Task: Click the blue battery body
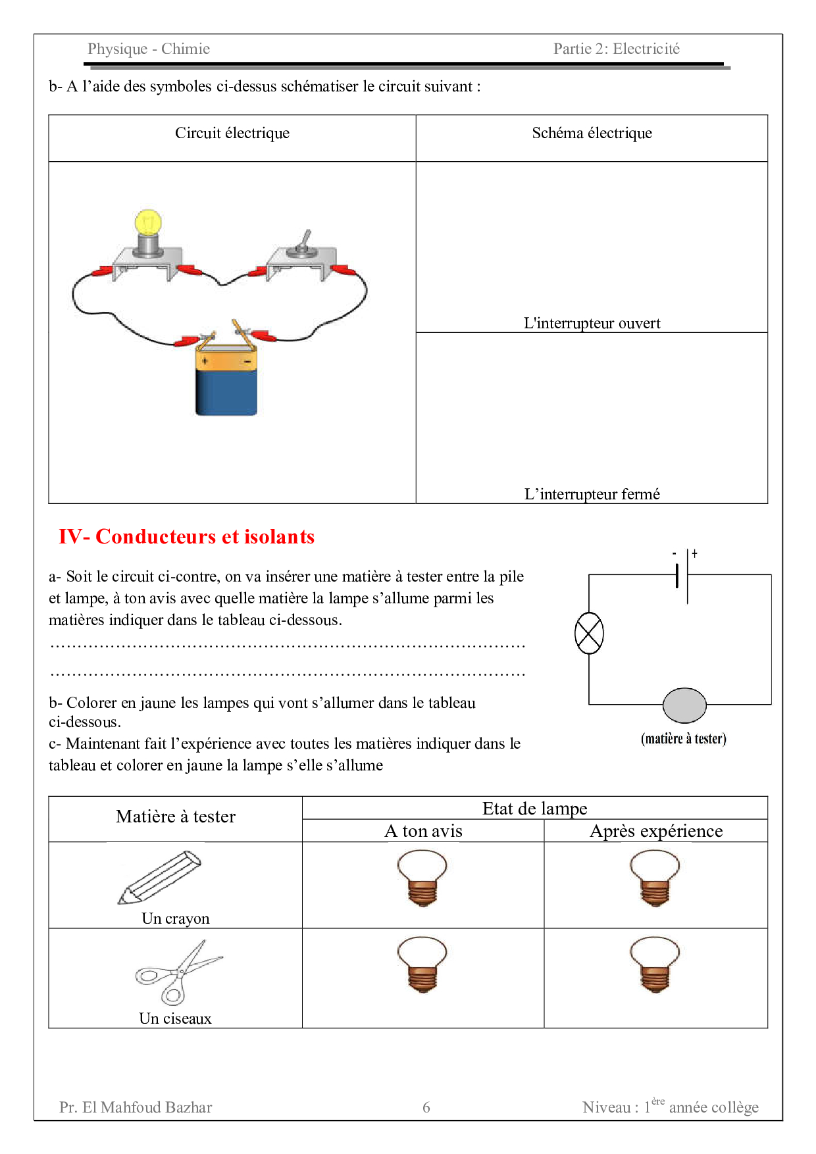pyautogui.click(x=226, y=393)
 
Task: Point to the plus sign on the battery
pyautogui.click(x=205, y=361)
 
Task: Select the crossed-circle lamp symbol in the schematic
pyautogui.click(x=589, y=633)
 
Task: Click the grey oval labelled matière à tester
pyautogui.click(x=684, y=705)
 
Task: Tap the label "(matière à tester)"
pyautogui.click(x=684, y=739)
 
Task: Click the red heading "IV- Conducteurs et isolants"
pyautogui.click(x=187, y=537)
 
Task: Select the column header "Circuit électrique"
pyautogui.click(x=232, y=133)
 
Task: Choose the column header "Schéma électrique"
pyautogui.click(x=592, y=133)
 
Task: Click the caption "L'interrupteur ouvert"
pyautogui.click(x=592, y=323)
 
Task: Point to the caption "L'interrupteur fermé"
pyautogui.click(x=592, y=494)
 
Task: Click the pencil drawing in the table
pyautogui.click(x=160, y=878)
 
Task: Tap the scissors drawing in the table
pyautogui.click(x=178, y=972)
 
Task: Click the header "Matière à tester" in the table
pyautogui.click(x=176, y=816)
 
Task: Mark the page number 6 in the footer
pyautogui.click(x=426, y=1107)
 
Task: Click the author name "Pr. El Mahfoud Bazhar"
pyautogui.click(x=136, y=1107)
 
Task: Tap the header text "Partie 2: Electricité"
pyautogui.click(x=617, y=49)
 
